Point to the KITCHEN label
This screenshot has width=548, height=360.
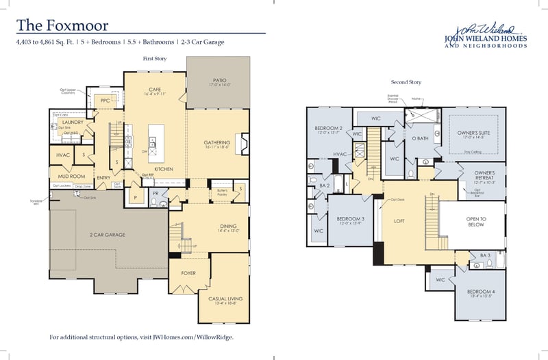(x=162, y=168)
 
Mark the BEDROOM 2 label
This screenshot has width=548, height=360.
(x=328, y=129)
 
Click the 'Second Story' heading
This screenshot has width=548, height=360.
(x=404, y=82)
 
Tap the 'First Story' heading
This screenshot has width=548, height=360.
(x=155, y=60)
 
